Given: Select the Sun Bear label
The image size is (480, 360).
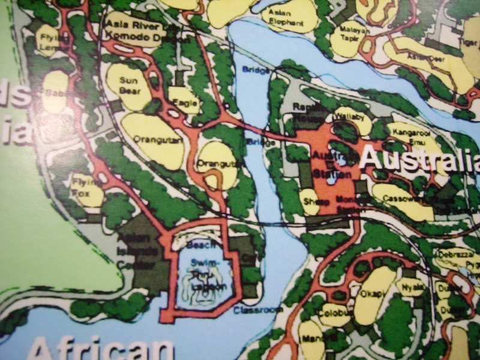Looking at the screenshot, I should [x=129, y=84].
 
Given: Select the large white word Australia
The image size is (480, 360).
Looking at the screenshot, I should [x=420, y=158].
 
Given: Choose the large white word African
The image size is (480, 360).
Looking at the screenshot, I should [x=102, y=348].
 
